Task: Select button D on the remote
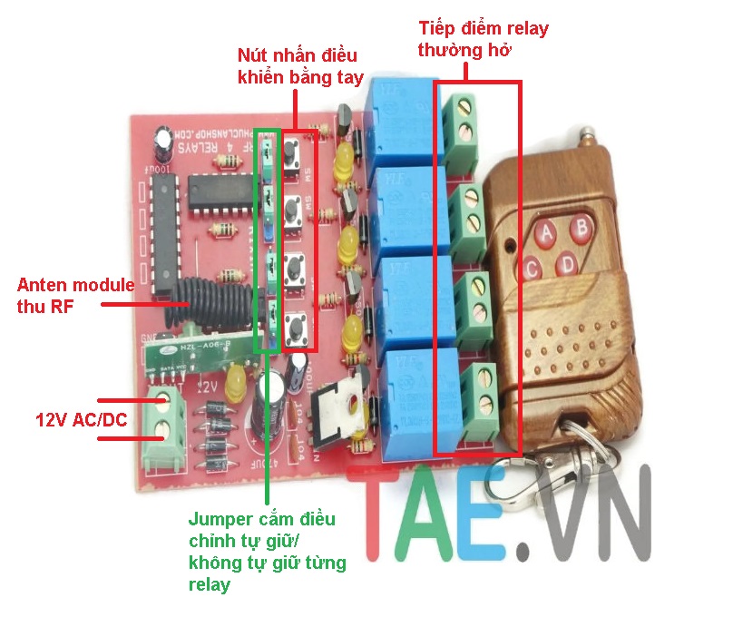(568, 264)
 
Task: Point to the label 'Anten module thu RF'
(76, 295)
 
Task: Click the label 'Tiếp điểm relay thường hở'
(483, 39)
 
